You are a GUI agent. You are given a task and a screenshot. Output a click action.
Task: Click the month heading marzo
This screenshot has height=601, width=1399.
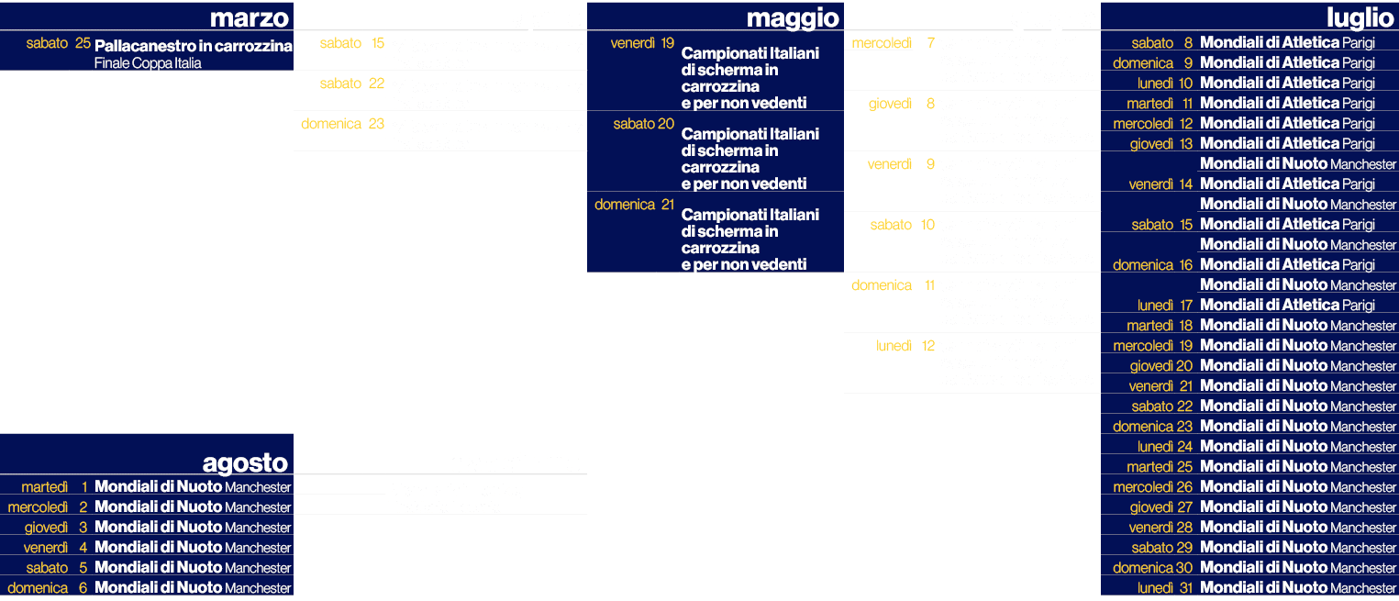pyautogui.click(x=250, y=17)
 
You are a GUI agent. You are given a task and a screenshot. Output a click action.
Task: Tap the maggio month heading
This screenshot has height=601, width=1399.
pyautogui.click(x=793, y=17)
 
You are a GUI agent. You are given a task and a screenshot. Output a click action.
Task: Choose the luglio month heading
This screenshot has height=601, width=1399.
pyautogui.click(x=1360, y=17)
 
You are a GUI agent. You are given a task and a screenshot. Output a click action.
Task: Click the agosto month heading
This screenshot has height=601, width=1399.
pyautogui.click(x=245, y=462)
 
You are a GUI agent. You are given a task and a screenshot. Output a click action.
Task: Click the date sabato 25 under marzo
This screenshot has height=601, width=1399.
pyautogui.click(x=58, y=43)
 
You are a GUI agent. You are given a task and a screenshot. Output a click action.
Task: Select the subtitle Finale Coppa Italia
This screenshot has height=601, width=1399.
pyautogui.click(x=148, y=63)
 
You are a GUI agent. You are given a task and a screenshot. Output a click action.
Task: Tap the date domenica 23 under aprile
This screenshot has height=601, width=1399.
pyautogui.click(x=342, y=124)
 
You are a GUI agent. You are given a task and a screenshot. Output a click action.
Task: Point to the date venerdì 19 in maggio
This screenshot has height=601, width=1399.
pyautogui.click(x=642, y=43)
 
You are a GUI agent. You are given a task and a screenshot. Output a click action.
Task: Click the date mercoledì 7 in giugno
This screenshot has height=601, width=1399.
pyautogui.click(x=893, y=43)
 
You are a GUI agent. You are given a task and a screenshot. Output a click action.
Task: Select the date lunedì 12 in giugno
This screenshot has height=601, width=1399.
pyautogui.click(x=905, y=346)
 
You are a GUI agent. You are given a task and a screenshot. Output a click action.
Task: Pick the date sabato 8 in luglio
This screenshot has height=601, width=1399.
pyautogui.click(x=1161, y=43)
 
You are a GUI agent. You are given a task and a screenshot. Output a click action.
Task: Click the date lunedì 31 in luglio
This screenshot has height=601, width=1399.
pyautogui.click(x=1165, y=588)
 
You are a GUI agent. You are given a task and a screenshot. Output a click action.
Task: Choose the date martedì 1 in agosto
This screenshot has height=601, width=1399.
pyautogui.click(x=54, y=487)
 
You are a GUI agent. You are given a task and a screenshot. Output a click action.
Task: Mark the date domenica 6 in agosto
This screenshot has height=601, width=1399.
pyautogui.click(x=48, y=588)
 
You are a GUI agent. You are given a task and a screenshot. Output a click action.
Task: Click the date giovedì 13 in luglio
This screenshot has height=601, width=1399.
pyautogui.click(x=1160, y=144)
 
